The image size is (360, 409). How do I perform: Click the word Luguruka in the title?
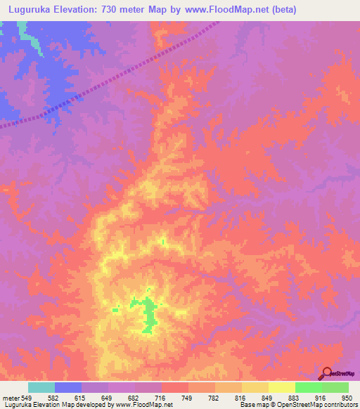[x=29, y=10]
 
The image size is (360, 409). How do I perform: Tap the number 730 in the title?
[x=117, y=10]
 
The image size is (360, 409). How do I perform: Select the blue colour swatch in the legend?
[x=68, y=387]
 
